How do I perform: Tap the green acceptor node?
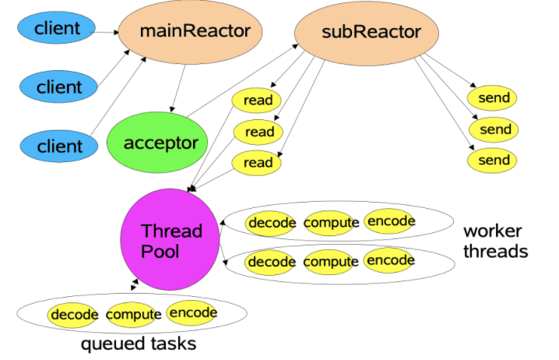click(x=160, y=143)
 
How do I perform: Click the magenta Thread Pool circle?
click(x=171, y=241)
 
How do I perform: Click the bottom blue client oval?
click(x=58, y=146)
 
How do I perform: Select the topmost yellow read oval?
click(x=258, y=101)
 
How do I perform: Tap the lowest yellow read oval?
click(x=258, y=162)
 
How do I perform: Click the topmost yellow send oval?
click(x=494, y=98)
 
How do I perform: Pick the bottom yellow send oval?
click(x=494, y=161)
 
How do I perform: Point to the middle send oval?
click(x=494, y=129)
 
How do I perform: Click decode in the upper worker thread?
click(x=272, y=223)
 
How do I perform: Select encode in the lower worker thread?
click(x=389, y=260)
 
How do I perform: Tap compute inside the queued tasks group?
click(x=134, y=315)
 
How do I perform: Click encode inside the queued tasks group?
click(x=192, y=312)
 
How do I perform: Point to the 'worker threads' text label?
click(x=495, y=242)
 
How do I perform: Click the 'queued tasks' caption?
click(x=138, y=344)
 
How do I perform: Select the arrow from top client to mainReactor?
click(x=106, y=31)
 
